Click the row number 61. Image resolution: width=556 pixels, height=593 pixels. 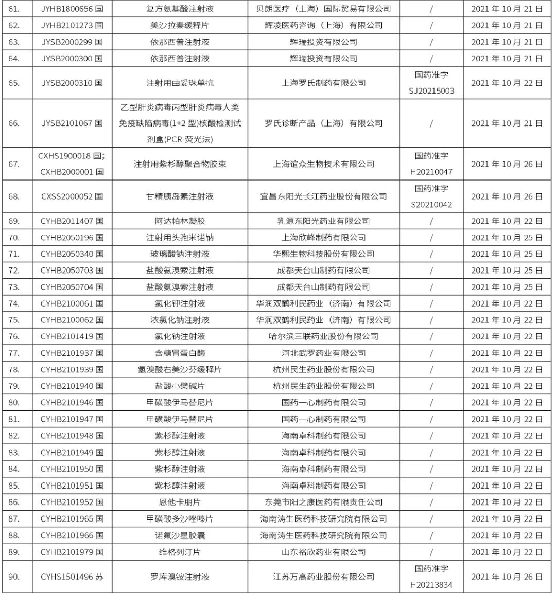(x=14, y=9)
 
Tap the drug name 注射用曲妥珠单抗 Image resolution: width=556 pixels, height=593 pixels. (x=180, y=83)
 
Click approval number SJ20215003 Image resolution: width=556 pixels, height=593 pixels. (x=431, y=91)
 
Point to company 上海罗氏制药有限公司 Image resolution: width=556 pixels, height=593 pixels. (x=323, y=83)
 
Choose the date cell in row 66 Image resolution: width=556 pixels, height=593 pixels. (x=507, y=123)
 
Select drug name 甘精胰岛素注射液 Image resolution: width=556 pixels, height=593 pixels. (x=180, y=196)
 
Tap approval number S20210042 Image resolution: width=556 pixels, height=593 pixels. (x=431, y=205)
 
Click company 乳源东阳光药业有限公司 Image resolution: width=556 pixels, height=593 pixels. (x=323, y=221)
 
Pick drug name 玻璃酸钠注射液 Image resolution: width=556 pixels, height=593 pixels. (x=180, y=254)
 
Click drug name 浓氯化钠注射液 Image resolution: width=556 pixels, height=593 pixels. (x=180, y=320)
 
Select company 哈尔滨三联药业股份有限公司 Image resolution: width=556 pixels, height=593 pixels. (x=323, y=336)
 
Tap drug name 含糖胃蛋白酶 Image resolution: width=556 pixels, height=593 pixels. (x=180, y=353)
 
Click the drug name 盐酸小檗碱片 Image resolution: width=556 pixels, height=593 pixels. (x=180, y=386)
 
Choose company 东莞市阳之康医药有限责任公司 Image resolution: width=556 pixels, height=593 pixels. (x=323, y=502)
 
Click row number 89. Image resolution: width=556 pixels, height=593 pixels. (x=14, y=552)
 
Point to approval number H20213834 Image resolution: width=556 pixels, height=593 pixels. (x=431, y=585)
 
